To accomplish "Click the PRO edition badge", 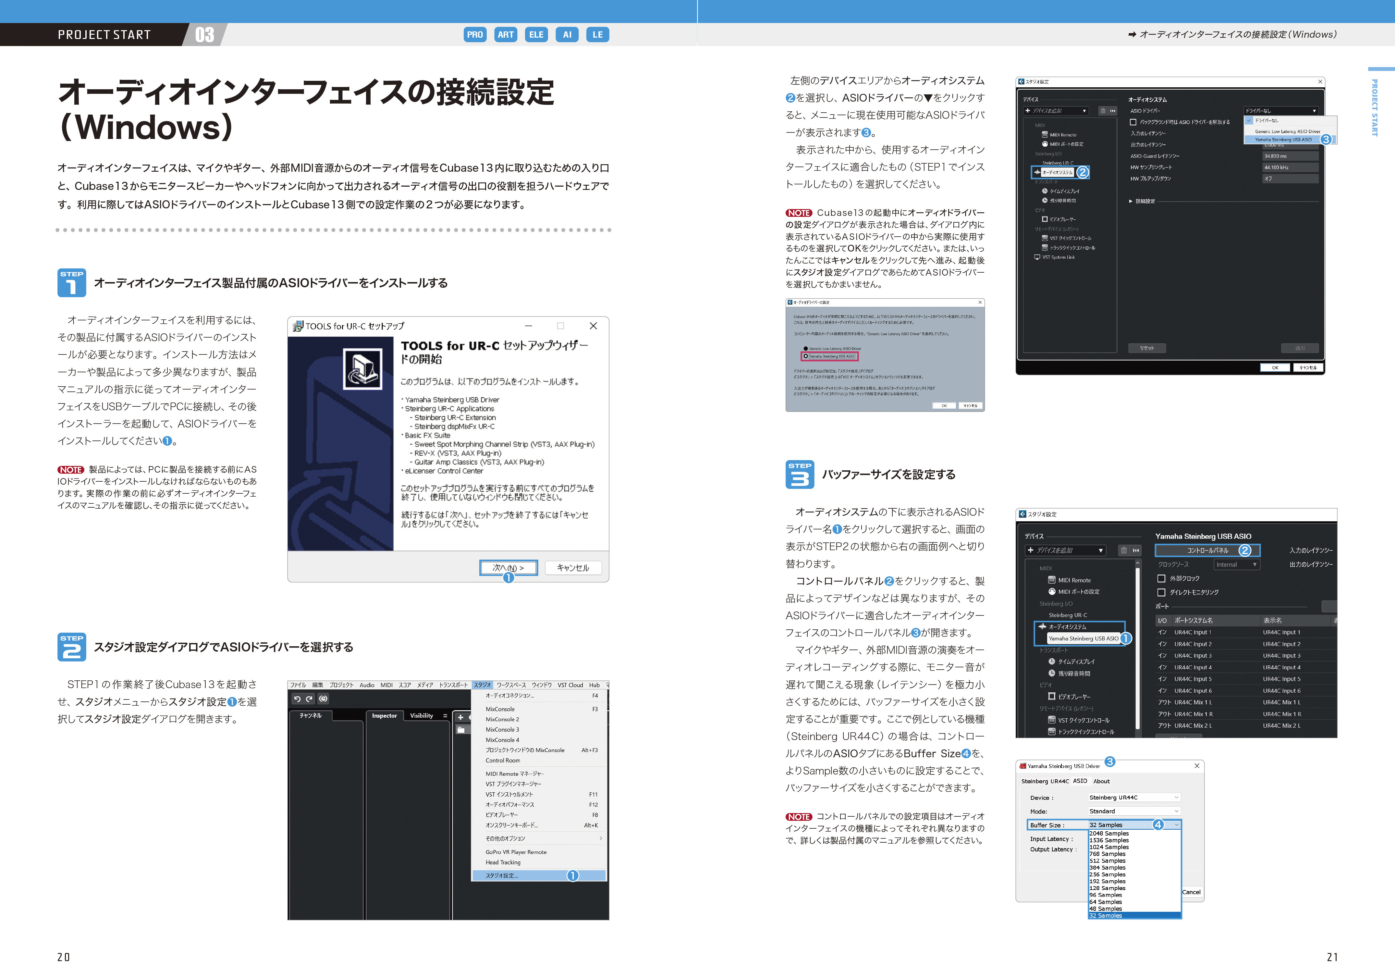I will [474, 34].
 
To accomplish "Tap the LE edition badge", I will [597, 34].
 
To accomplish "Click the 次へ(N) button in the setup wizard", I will [508, 568].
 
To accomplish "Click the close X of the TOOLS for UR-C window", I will [593, 326].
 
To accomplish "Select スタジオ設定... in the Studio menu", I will [502, 875].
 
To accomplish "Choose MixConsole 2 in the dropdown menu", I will [502, 720].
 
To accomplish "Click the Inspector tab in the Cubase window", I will [385, 716].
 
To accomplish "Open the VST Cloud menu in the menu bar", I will [570, 685].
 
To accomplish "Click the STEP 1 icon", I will [71, 283].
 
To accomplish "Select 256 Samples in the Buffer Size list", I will [1107, 874].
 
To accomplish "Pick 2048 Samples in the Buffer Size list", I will [1109, 833].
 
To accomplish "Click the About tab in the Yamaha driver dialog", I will [1101, 781].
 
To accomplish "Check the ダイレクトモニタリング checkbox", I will [1161, 593].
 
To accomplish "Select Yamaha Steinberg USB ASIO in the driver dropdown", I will [1283, 140].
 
